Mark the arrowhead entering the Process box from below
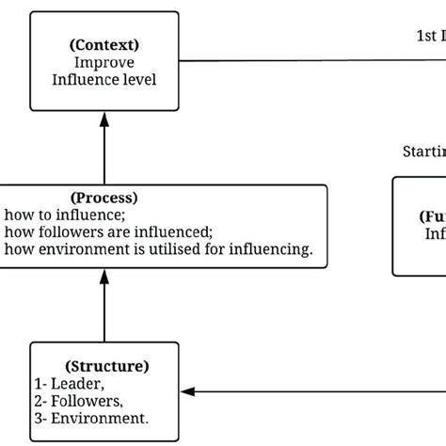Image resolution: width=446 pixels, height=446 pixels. point(104,277)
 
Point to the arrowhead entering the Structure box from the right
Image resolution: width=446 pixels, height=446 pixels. point(188,390)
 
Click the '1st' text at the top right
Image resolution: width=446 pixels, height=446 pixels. point(425,36)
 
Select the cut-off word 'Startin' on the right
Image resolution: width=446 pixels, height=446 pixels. point(423,151)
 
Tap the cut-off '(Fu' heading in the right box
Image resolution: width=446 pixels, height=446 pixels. point(432,215)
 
